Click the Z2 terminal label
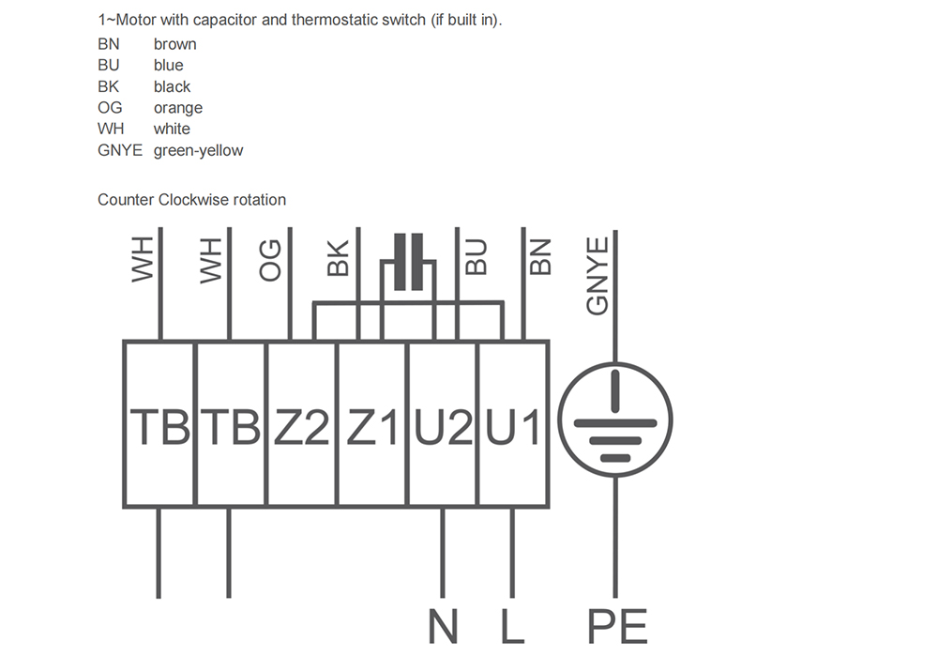(x=301, y=427)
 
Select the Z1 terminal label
(x=372, y=427)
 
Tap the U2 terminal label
(x=444, y=427)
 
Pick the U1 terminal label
(x=513, y=427)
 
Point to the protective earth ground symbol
(x=615, y=420)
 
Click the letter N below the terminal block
(x=444, y=626)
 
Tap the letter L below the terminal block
(x=513, y=626)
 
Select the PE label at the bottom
(x=617, y=626)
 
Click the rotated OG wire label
(x=270, y=260)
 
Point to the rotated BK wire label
(x=338, y=258)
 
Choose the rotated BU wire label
(x=477, y=257)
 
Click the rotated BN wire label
(x=541, y=257)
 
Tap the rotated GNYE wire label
(x=597, y=276)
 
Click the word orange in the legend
(x=178, y=108)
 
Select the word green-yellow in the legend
(x=199, y=151)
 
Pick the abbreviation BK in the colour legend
(x=108, y=86)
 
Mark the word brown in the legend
(x=175, y=44)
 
